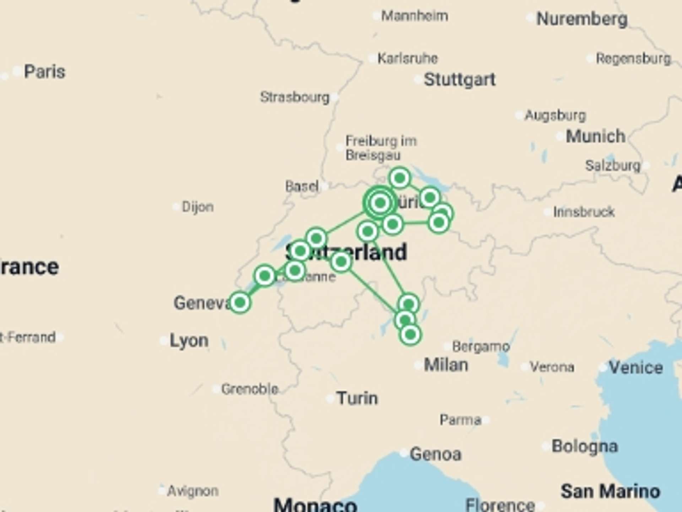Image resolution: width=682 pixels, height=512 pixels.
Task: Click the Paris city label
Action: click(44, 72)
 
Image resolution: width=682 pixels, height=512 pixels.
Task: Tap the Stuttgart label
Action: click(460, 80)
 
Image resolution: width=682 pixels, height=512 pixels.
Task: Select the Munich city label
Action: click(595, 136)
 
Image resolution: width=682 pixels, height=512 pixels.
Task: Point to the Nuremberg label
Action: click(582, 19)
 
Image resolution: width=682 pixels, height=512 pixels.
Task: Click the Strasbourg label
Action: click(295, 97)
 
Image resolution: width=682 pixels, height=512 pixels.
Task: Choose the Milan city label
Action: click(446, 365)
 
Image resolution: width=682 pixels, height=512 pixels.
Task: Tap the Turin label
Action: click(357, 398)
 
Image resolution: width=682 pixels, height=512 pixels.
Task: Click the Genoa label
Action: click(435, 454)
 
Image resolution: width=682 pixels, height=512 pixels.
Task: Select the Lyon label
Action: click(189, 341)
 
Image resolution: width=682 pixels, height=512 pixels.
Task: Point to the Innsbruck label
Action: click(584, 212)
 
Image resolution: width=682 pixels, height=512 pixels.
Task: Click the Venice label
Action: click(636, 367)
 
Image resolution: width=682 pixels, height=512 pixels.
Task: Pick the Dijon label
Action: click(197, 207)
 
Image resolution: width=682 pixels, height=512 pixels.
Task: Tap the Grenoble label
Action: click(249, 389)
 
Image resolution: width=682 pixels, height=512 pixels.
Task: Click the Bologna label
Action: click(585, 446)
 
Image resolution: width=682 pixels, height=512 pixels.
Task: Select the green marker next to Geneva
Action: click(240, 303)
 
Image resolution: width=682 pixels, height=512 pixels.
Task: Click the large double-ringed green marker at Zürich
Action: click(380, 203)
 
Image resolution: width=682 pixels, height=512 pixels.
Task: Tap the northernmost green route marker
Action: click(400, 178)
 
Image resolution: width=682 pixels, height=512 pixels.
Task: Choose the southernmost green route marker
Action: click(410, 335)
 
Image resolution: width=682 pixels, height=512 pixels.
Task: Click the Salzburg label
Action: click(612, 165)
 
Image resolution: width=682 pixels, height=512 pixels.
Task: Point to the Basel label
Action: click(302, 186)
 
